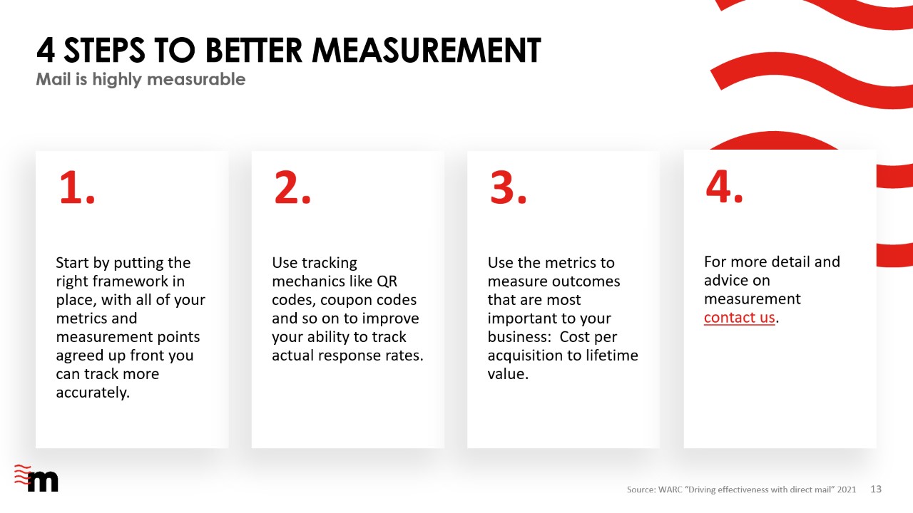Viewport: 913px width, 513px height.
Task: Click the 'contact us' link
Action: [739, 318]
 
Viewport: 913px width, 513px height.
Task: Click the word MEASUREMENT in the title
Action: [427, 51]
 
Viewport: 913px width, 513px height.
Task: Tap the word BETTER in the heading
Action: [253, 51]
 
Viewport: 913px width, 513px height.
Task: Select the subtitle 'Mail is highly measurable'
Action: [141, 79]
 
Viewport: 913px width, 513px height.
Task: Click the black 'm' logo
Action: [43, 481]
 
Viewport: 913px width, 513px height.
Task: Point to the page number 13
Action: [876, 489]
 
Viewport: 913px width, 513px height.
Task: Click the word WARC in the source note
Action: [670, 489]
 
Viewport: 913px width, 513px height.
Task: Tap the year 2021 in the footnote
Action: [847, 489]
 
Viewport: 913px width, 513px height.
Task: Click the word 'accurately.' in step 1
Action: [93, 393]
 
